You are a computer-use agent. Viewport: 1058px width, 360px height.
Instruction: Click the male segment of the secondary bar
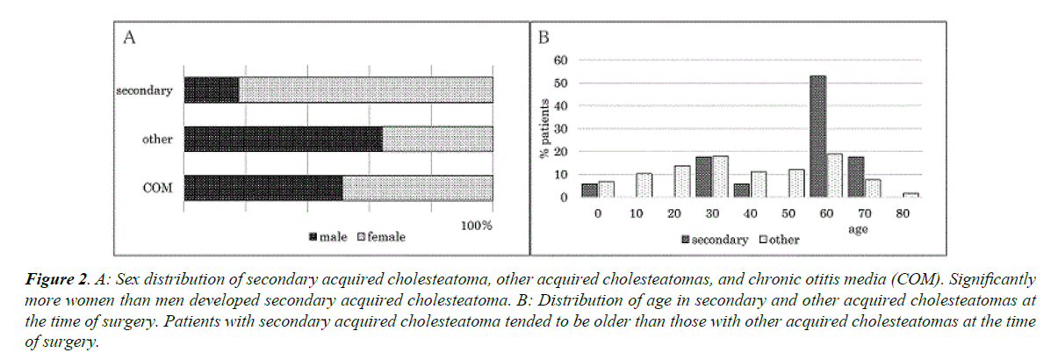point(212,90)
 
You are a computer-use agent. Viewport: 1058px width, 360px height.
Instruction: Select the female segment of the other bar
point(437,139)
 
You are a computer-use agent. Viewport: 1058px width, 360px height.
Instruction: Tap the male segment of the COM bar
point(263,188)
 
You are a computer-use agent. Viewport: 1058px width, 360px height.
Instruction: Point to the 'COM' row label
point(158,188)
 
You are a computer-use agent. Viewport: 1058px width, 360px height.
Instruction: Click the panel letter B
point(543,38)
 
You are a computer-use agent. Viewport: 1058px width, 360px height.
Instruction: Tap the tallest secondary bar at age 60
point(817,136)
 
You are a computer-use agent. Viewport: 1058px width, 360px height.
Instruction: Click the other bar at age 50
point(796,184)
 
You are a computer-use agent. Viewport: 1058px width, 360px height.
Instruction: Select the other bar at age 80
point(911,195)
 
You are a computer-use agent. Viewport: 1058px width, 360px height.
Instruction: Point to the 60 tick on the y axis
point(560,61)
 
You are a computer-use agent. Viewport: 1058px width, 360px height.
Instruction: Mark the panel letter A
point(130,38)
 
